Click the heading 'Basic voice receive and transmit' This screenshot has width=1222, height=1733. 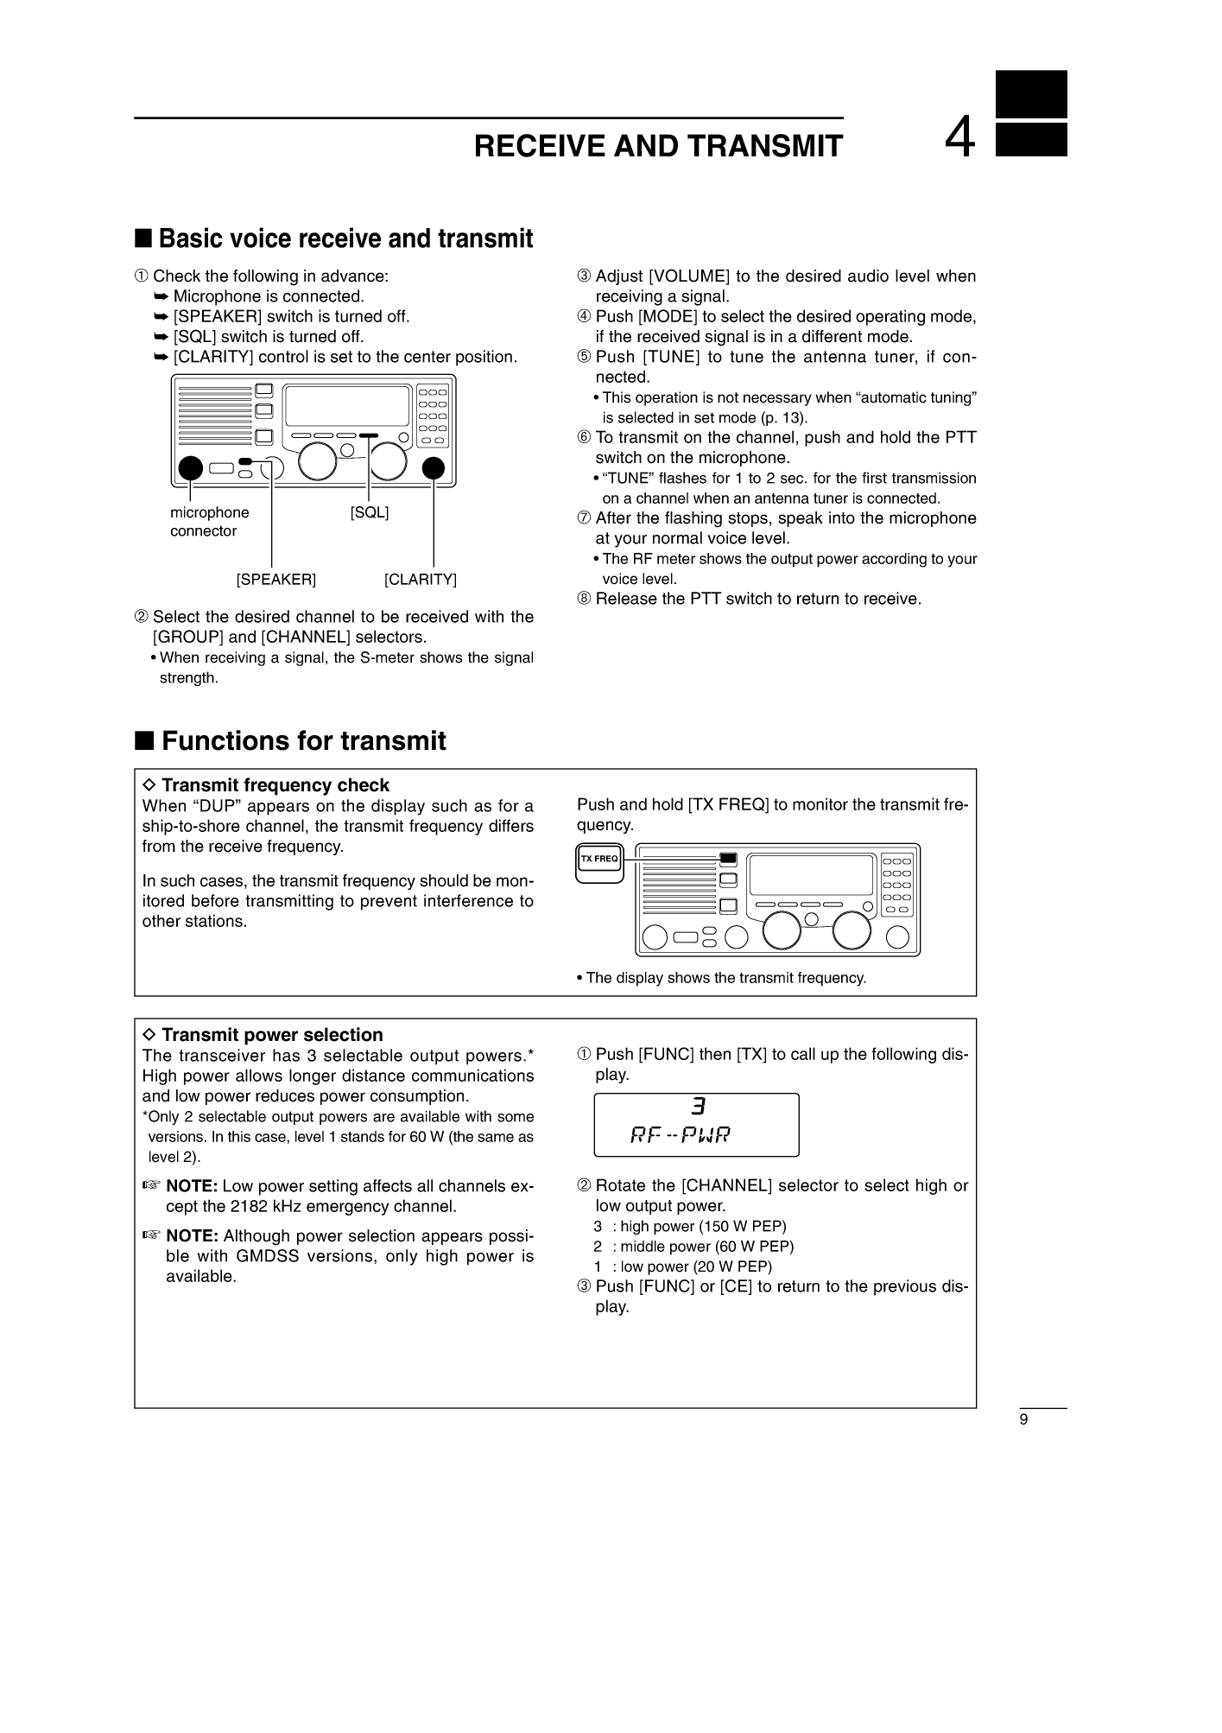coord(345,238)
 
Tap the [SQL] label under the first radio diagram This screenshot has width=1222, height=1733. coord(370,512)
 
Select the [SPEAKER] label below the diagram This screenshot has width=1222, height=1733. coord(276,580)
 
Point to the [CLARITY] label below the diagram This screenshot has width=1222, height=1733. coord(421,580)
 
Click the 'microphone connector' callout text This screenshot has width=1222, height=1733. coord(210,522)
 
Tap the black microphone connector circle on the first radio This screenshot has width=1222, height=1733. coord(190,468)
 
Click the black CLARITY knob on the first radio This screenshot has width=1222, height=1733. coord(434,467)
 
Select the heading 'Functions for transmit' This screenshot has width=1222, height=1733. coord(303,741)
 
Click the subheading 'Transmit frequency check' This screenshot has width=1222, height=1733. coord(275,785)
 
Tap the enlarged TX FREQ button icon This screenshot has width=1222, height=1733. coord(599,863)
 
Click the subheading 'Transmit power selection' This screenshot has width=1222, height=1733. coord(271,1035)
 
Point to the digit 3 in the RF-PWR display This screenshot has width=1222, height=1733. coord(698,1107)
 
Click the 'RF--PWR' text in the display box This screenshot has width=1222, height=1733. coord(681,1134)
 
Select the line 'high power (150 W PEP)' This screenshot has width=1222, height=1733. coord(703,1227)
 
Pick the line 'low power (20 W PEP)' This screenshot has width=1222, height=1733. coord(696,1266)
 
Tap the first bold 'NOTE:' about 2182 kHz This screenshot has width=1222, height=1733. coord(192,1186)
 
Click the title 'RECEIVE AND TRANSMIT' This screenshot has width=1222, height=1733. coord(658,147)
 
